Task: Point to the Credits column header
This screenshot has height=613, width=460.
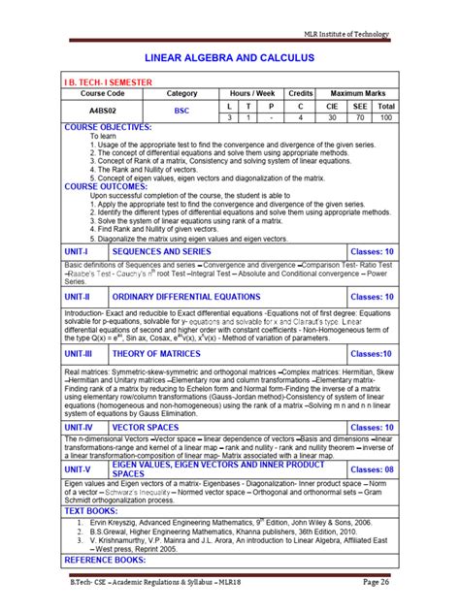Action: tap(301, 92)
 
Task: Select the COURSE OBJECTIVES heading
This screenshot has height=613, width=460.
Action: tap(108, 127)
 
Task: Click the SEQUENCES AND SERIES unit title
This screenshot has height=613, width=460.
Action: tap(161, 251)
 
